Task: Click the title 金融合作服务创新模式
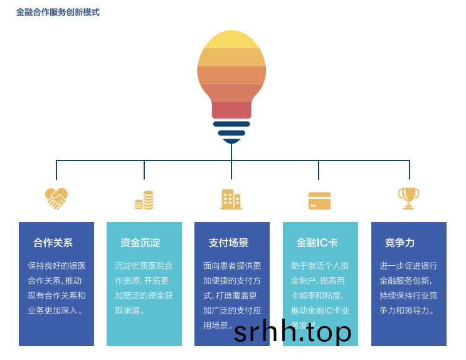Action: point(58,12)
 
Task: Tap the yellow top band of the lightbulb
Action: point(231,40)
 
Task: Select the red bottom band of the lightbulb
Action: point(231,110)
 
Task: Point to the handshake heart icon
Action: point(56,199)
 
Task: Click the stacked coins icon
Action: point(144,200)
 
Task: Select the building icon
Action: point(231,199)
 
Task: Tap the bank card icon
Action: point(319,201)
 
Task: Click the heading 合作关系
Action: point(53,243)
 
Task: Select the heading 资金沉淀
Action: point(140,243)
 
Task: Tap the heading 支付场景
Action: point(228,243)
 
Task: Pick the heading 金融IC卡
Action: point(317,243)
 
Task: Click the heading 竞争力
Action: point(400,243)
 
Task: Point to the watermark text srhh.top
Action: point(293,332)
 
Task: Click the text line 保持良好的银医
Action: point(56,265)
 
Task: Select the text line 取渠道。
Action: point(130,310)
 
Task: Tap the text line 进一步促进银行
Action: point(408,265)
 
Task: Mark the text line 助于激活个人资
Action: point(320,265)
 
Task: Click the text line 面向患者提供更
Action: point(232,265)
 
